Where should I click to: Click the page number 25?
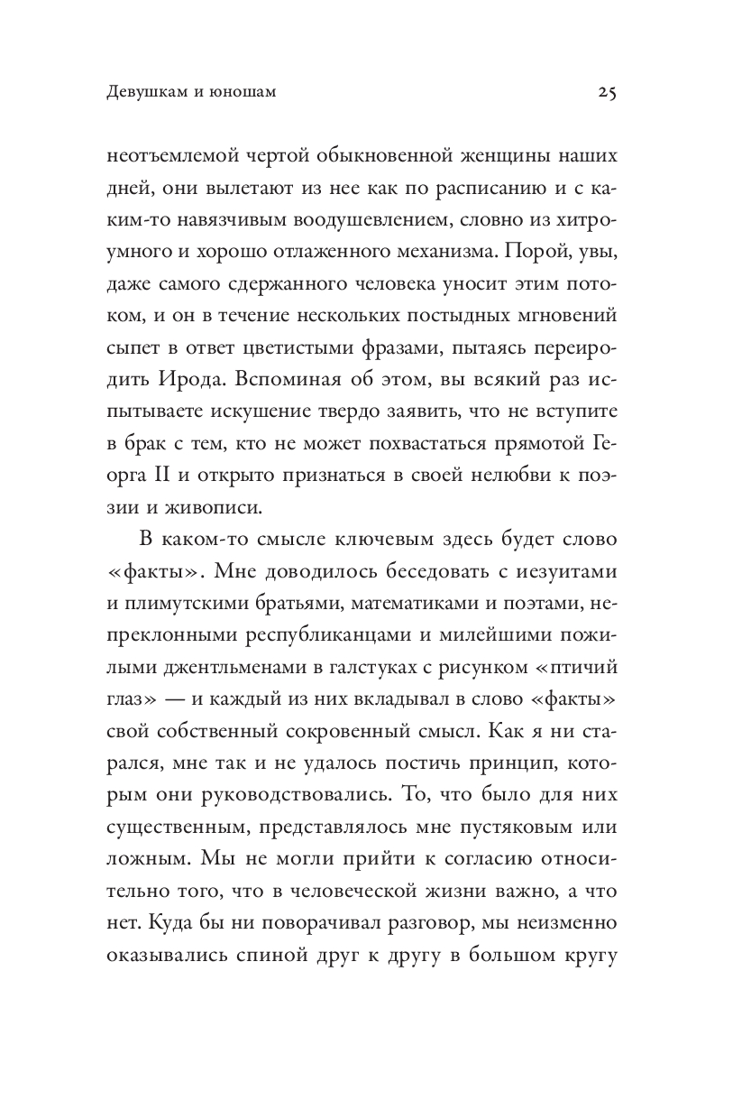pyautogui.click(x=606, y=92)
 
